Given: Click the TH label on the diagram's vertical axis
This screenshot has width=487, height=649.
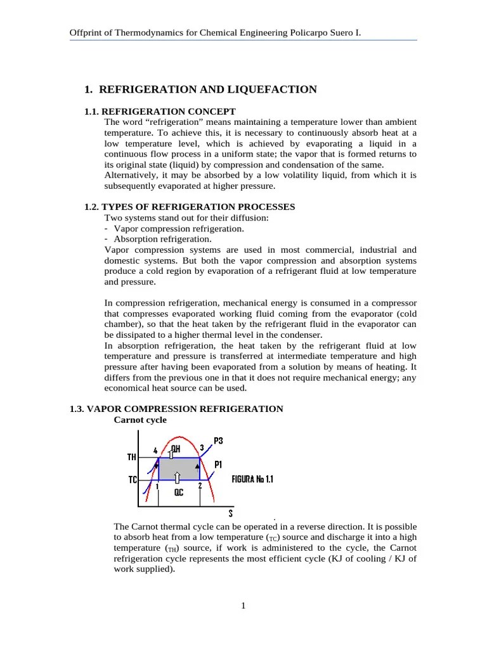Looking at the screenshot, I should (x=132, y=456).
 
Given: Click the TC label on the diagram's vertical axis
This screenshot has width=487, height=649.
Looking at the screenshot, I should (x=133, y=480).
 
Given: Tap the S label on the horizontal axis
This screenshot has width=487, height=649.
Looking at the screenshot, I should (x=230, y=514).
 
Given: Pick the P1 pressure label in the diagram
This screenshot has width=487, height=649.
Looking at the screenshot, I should (x=218, y=465).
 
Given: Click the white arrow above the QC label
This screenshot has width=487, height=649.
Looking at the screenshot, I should (x=177, y=477).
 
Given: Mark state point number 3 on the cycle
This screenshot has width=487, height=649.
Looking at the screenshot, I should (x=202, y=447).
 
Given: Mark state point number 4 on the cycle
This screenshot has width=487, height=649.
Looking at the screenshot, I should (x=155, y=451).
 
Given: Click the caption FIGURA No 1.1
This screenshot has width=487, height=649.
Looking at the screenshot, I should (x=253, y=480).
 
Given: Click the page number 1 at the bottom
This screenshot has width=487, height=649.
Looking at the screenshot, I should (x=243, y=606).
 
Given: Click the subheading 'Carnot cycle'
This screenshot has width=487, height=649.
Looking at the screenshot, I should (x=140, y=420).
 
